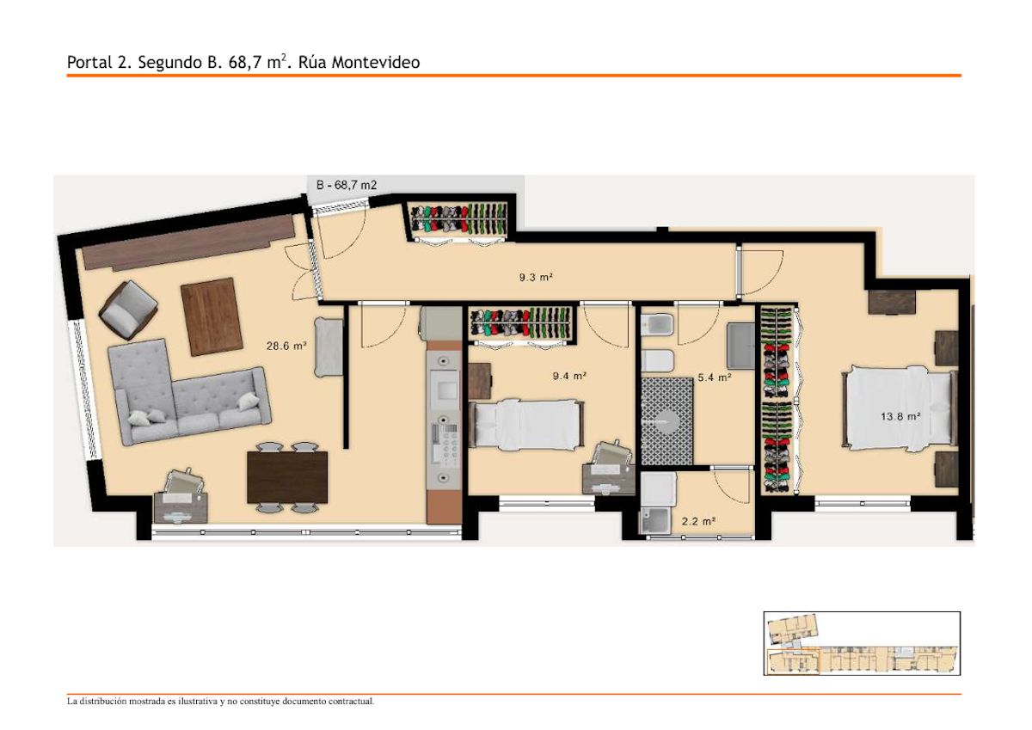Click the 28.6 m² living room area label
click(x=286, y=346)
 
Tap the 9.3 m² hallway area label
click(x=536, y=277)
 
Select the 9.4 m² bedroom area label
click(x=569, y=376)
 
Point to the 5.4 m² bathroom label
click(x=715, y=377)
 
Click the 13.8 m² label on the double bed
click(x=900, y=416)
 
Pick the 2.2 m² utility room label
click(x=698, y=521)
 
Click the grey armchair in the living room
click(x=128, y=310)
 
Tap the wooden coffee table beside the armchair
click(x=212, y=316)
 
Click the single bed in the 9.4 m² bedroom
click(x=526, y=424)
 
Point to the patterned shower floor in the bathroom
click(x=667, y=421)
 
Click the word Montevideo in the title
click(x=376, y=62)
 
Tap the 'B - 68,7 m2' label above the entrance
click(x=347, y=185)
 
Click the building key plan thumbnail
click(x=862, y=643)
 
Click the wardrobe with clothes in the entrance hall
click(x=460, y=221)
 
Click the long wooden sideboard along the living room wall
click(x=188, y=242)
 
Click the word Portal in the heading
click(x=89, y=62)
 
